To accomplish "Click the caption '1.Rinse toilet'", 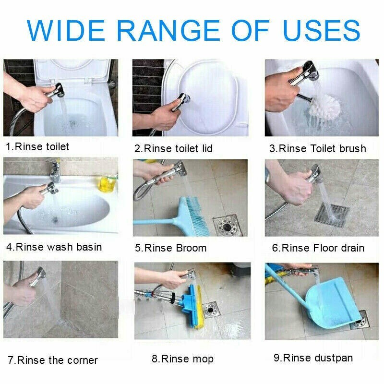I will [x=38, y=147].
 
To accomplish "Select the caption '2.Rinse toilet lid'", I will [x=174, y=149].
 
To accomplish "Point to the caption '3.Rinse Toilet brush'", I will [x=318, y=149].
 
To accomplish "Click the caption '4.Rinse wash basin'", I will [x=54, y=247].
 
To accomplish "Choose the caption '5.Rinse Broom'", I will [x=171, y=248].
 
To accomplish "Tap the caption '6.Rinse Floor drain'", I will [x=318, y=248].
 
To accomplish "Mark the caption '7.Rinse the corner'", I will [x=53, y=360].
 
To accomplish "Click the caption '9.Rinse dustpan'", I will [x=313, y=358].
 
